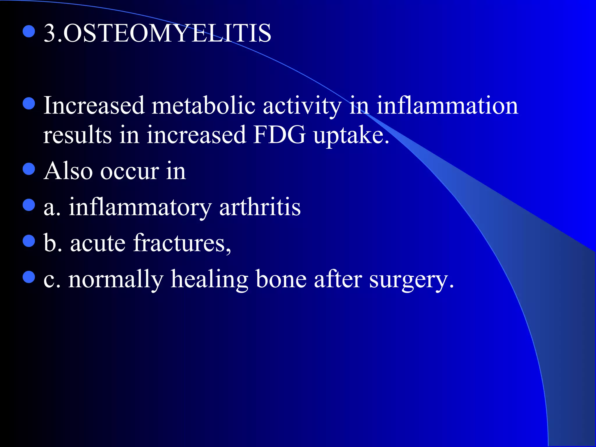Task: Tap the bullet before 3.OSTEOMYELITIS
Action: (29, 31)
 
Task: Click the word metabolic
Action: (203, 105)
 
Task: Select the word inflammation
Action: (447, 105)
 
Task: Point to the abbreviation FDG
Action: (279, 135)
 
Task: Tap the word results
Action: (77, 135)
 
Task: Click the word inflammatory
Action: (140, 208)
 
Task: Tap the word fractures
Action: (182, 243)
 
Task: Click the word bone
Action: (281, 279)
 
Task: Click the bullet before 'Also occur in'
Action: (29, 169)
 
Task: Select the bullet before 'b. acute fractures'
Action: (29, 241)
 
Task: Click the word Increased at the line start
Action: (94, 105)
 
